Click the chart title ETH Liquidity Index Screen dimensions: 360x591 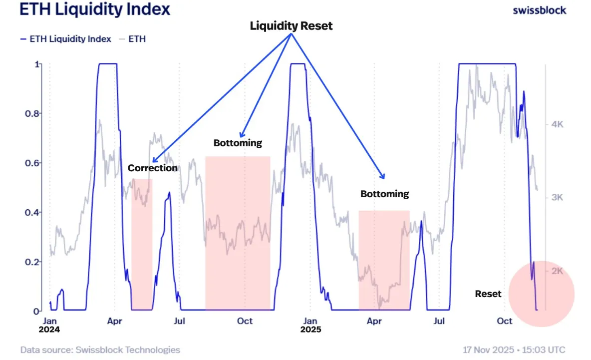coord(95,9)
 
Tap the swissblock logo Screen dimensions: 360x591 coord(540,10)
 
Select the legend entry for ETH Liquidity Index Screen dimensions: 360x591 coord(65,39)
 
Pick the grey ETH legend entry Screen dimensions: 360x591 coord(133,39)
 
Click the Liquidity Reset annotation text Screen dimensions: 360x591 coord(291,26)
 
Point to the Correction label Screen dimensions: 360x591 coord(153,168)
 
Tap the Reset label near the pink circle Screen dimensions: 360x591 coord(488,294)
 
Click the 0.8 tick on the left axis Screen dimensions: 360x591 coord(32,113)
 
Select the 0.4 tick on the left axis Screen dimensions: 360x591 coord(32,212)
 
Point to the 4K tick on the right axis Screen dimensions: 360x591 coord(557,124)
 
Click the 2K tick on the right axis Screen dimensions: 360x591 coord(557,271)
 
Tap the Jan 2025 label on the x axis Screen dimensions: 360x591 coord(310,325)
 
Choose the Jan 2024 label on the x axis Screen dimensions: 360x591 coord(50,325)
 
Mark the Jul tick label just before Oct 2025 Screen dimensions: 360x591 coord(439,321)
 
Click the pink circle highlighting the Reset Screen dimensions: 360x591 coord(542,294)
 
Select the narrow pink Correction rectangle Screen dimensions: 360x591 coord(142,245)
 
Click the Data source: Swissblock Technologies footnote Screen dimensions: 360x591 coord(100,350)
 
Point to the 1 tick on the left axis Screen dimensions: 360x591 coord(36,64)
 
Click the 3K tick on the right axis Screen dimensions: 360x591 coord(557,197)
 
